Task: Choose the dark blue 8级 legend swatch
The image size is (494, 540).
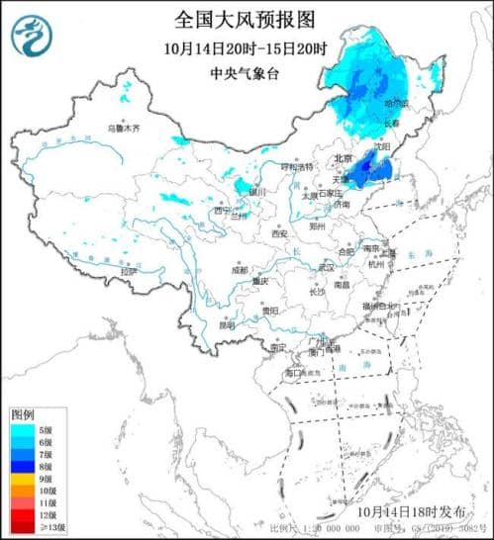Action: [x=18, y=463]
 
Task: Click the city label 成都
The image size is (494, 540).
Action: [x=240, y=268]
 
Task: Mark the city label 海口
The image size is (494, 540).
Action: [x=293, y=375]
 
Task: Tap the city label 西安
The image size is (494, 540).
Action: [x=280, y=233]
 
